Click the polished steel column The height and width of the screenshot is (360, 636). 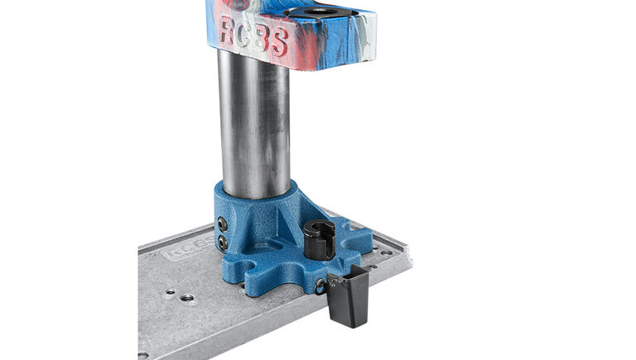click(253, 124)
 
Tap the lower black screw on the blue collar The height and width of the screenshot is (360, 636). click(222, 242)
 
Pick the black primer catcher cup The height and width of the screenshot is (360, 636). click(348, 298)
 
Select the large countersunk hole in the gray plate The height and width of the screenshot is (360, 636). click(188, 297)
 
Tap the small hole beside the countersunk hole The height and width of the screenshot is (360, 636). click(170, 292)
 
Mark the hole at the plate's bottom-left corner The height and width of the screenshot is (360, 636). click(143, 354)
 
